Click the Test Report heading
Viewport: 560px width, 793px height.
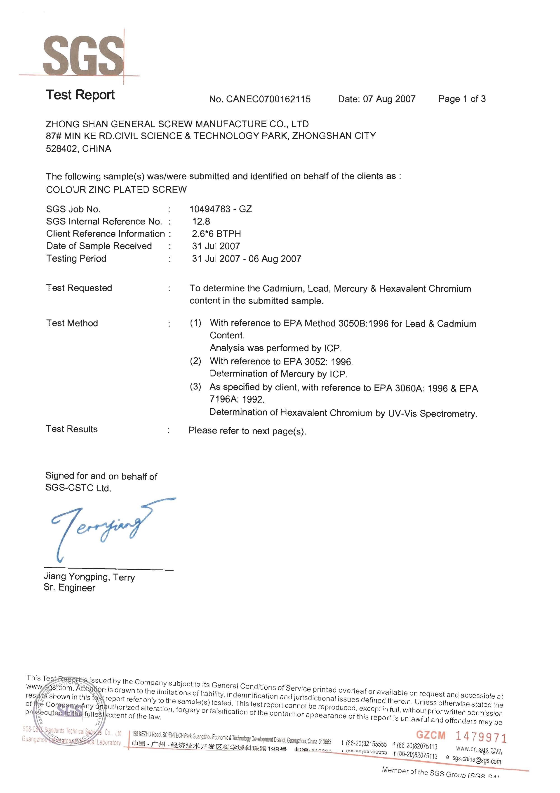(80, 95)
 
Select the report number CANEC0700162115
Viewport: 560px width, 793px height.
(268, 99)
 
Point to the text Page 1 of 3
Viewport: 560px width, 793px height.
(462, 99)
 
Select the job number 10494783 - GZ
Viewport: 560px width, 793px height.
(221, 209)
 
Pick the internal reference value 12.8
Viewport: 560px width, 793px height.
(201, 221)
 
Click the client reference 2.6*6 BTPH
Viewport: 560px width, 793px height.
(216, 234)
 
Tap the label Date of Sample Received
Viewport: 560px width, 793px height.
(99, 246)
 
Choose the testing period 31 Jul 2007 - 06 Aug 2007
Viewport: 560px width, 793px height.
(246, 259)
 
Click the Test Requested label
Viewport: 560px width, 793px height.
(79, 288)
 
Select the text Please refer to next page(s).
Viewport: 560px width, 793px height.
(247, 431)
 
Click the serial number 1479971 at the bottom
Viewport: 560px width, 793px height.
(481, 737)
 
